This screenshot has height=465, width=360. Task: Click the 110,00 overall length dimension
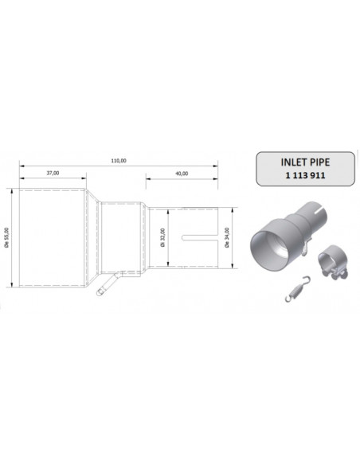click(x=118, y=161)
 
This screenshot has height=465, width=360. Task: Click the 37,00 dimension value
click(x=53, y=173)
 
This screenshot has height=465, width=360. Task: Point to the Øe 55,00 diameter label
click(x=7, y=236)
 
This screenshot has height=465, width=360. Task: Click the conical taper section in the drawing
click(x=92, y=236)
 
